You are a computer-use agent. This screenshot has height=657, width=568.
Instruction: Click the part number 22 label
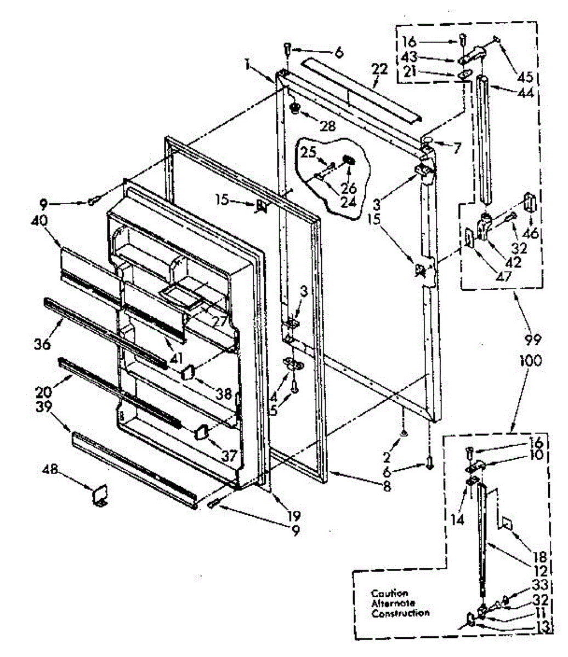click(x=379, y=70)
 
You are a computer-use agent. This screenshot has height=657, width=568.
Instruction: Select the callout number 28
click(x=328, y=126)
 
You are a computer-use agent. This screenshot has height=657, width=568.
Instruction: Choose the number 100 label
click(x=530, y=361)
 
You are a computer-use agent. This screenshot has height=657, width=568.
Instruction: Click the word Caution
click(x=389, y=593)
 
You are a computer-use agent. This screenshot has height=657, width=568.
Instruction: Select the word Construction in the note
click(x=400, y=613)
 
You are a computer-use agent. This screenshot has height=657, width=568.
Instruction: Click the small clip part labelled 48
click(x=100, y=495)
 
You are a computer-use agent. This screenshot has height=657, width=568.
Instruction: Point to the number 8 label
click(x=387, y=485)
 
